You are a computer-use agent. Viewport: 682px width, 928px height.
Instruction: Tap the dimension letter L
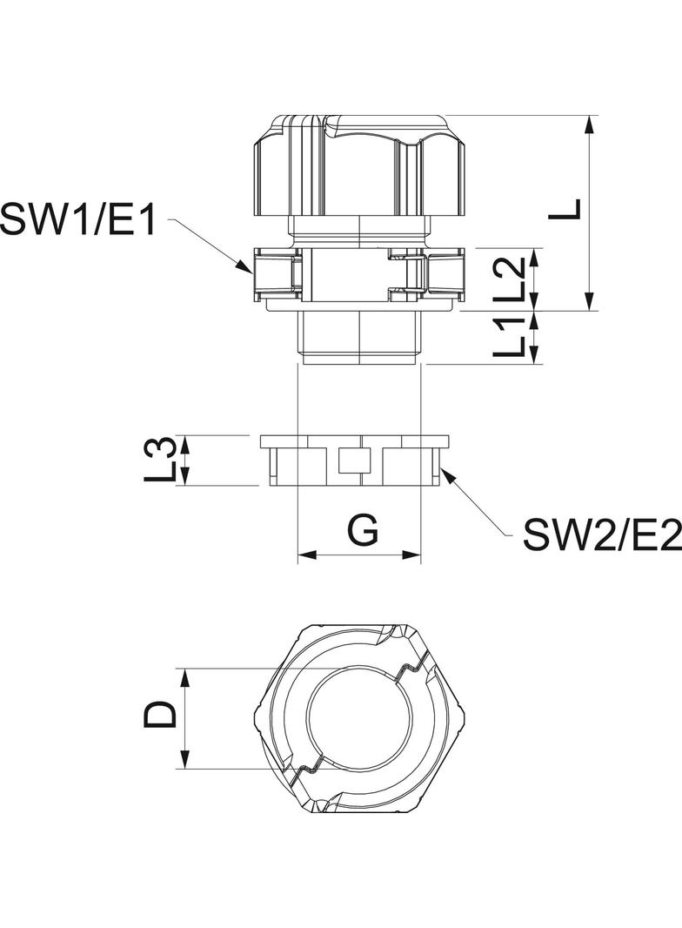566,210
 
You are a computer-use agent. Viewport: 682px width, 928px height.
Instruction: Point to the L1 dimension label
509,338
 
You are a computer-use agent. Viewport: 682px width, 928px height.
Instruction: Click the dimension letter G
362,530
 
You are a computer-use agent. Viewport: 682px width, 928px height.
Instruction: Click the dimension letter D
161,716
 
